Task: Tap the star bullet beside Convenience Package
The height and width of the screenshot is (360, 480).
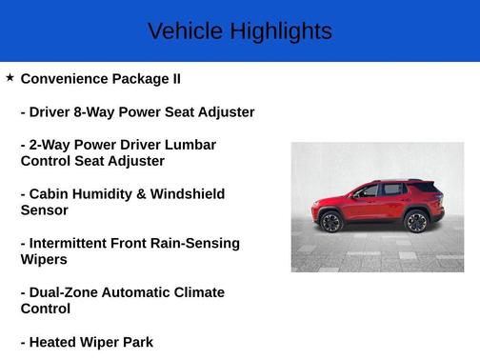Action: [x=10, y=77]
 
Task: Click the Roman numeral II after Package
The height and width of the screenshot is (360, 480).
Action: [x=174, y=79]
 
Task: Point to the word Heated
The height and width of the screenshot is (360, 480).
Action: [x=56, y=342]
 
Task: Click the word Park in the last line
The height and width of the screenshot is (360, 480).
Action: [x=135, y=342]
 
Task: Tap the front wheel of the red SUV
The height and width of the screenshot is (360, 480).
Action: [x=330, y=223]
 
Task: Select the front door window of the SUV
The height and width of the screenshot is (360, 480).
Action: [x=370, y=190]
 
